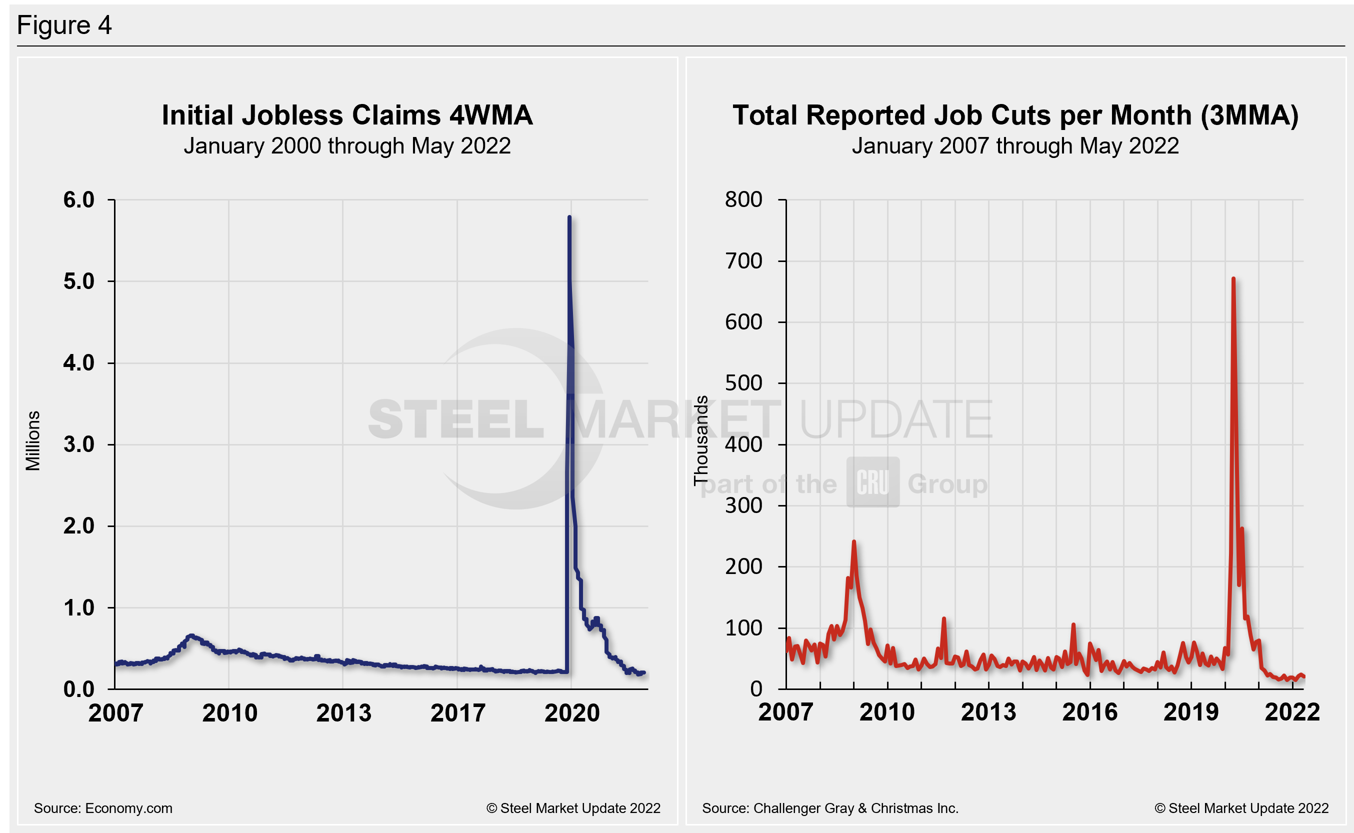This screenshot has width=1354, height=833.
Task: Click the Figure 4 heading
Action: point(64,25)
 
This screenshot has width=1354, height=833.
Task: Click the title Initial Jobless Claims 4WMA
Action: point(347,115)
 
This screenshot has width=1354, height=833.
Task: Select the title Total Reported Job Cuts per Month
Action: point(1015,115)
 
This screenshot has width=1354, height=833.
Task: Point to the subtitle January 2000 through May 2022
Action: point(347,146)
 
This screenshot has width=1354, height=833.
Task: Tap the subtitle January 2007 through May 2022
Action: point(1015,146)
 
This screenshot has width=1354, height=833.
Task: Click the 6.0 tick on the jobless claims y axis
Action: point(79,200)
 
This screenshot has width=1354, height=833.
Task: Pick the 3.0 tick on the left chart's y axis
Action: point(79,444)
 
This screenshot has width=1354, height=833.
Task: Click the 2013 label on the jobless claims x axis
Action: point(343,713)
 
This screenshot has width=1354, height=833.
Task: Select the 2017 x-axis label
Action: point(458,713)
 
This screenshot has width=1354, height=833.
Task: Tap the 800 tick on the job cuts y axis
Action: point(743,199)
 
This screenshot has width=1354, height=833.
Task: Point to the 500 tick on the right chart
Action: point(743,383)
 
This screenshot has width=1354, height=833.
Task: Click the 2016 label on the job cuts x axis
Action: point(1089,712)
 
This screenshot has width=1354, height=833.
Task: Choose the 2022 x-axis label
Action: point(1292,712)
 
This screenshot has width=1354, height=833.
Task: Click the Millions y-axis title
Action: point(33,440)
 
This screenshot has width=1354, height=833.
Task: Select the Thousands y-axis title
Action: point(700,440)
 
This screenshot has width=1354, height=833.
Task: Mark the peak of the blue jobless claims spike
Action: point(569,217)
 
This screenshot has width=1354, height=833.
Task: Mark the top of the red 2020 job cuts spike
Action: point(1233,279)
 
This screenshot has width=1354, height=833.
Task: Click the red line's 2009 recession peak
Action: point(854,542)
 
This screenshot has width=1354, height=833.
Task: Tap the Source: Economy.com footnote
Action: point(103,808)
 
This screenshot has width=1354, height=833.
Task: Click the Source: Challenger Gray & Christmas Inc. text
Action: point(830,808)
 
